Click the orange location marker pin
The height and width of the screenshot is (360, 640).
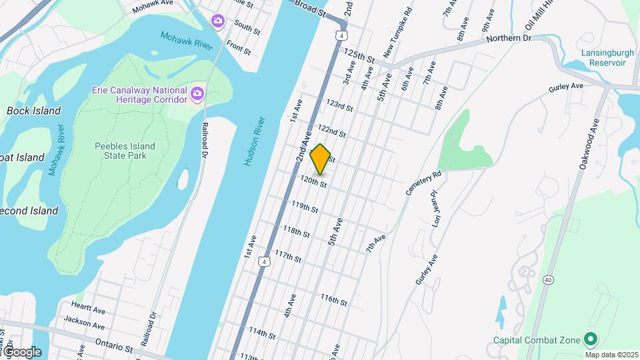[x=321, y=159]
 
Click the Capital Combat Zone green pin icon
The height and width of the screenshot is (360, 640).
[x=590, y=339]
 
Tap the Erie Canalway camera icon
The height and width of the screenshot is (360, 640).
[x=197, y=94]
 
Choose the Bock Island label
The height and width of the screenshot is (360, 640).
[x=33, y=111]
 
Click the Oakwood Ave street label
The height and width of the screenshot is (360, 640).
[x=589, y=143]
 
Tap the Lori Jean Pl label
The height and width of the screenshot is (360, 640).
[x=435, y=209]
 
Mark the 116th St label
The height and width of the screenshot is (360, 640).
[x=333, y=301]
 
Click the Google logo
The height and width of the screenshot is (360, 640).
[x=23, y=352]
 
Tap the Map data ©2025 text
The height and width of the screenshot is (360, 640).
[x=611, y=355]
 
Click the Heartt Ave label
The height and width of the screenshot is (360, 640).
[x=90, y=310]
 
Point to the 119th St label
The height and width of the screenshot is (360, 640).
[x=305, y=207]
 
